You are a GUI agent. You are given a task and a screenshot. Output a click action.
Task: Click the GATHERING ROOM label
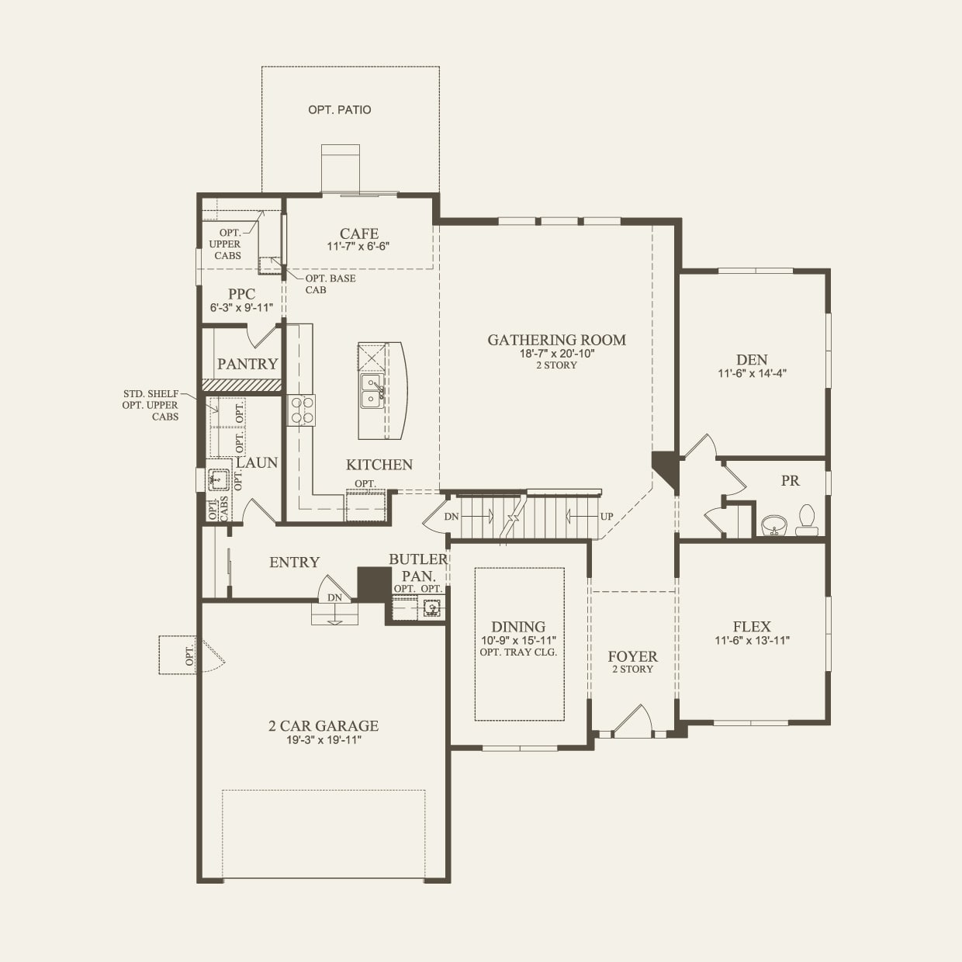[556, 340]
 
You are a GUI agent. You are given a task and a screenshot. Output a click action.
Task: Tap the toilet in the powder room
[807, 521]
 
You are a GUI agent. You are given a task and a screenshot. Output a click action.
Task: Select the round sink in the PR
[773, 526]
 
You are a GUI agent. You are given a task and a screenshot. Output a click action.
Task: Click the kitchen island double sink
[371, 391]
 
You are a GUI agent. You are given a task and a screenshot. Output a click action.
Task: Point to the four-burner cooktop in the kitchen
[301, 410]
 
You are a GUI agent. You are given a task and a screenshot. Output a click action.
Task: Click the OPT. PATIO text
[339, 110]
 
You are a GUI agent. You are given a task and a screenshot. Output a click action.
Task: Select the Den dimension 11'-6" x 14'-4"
[752, 373]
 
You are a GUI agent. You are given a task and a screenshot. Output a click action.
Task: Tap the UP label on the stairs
[607, 517]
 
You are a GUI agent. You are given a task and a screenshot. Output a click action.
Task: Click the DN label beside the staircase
[452, 517]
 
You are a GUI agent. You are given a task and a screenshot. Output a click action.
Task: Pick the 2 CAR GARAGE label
[324, 726]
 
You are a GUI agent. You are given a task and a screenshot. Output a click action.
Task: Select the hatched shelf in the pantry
[241, 384]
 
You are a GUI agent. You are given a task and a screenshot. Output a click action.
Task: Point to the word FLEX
[752, 627]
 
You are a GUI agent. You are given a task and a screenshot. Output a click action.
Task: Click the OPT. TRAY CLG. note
[518, 652]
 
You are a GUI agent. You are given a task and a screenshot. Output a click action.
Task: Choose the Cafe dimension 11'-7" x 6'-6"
[358, 247]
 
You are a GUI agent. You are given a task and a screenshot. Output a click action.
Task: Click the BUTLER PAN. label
[418, 567]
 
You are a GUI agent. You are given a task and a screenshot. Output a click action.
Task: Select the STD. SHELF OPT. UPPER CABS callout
[151, 405]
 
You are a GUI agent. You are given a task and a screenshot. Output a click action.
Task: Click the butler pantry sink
[431, 609]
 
